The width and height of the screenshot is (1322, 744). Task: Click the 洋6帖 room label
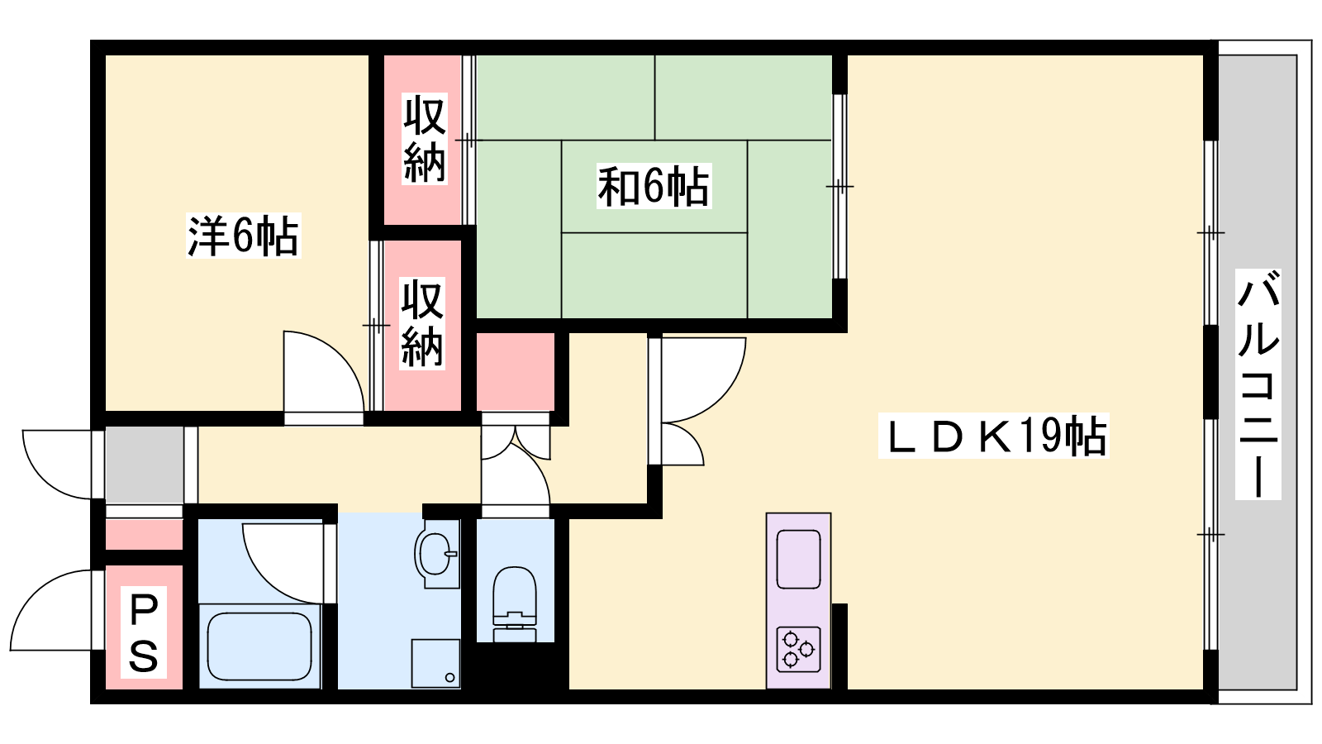(243, 236)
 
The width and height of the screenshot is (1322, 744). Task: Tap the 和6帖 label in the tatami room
(654, 186)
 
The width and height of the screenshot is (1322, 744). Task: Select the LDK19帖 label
(993, 436)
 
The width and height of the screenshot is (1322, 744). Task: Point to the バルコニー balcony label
(1258, 384)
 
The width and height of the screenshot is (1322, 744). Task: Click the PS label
(144, 632)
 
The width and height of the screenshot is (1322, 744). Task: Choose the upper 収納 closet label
(424, 139)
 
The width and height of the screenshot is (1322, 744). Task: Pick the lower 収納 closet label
(422, 323)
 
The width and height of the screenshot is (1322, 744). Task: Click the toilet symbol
(515, 603)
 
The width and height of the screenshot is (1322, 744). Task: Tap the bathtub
(259, 646)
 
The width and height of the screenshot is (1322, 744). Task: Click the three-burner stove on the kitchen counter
(798, 650)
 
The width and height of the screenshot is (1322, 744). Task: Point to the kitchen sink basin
(798, 559)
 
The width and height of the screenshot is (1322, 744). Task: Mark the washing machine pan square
(435, 663)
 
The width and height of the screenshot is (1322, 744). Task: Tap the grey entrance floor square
(144, 465)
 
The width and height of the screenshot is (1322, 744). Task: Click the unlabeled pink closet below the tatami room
(516, 371)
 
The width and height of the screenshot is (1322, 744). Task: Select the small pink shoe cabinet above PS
(144, 534)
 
